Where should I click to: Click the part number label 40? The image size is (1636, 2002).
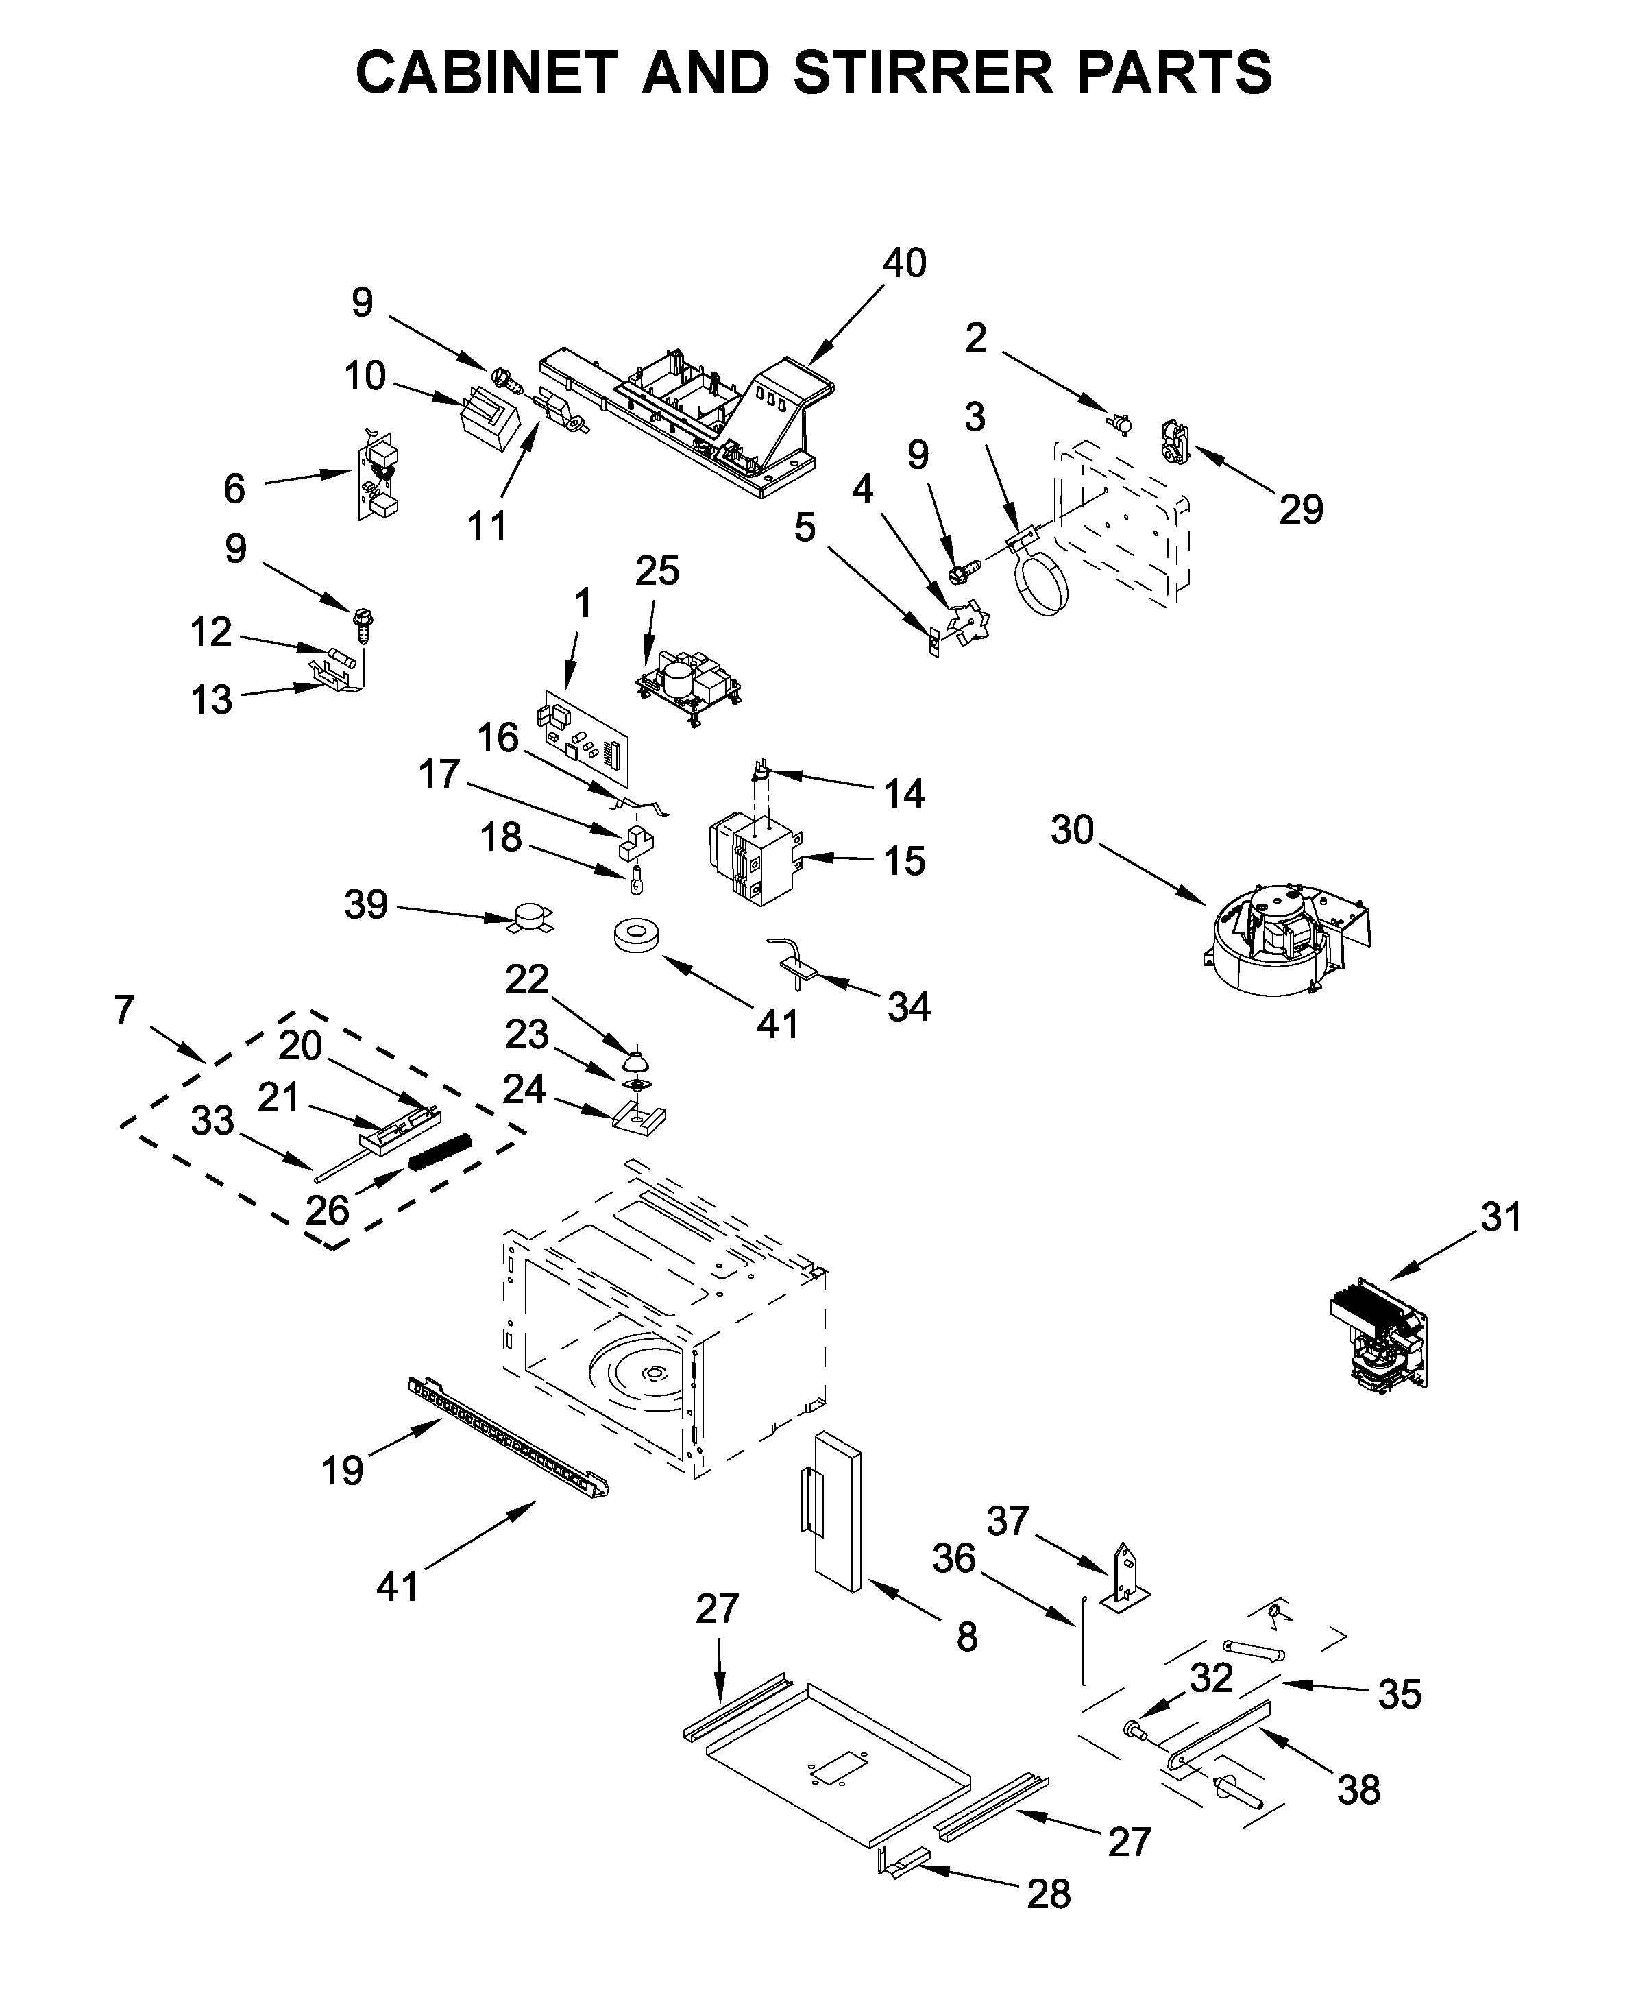pos(904,263)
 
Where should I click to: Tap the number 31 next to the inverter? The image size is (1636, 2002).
pos(1501,1217)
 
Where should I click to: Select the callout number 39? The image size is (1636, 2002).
pos(367,905)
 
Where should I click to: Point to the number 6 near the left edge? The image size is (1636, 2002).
pos(234,488)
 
